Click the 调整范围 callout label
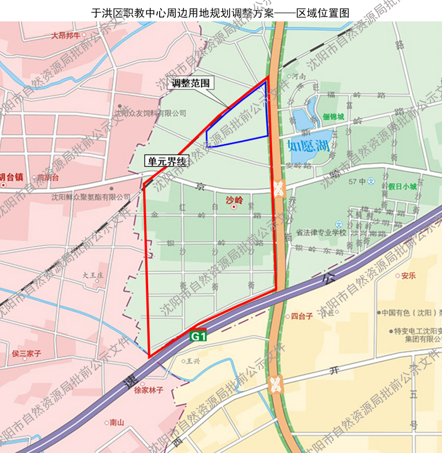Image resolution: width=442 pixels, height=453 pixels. point(191,84)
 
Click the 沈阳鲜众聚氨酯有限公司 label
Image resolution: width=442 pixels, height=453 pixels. point(91,196)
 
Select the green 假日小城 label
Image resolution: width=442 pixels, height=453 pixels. point(402,186)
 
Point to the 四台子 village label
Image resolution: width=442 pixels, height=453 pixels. point(302,316)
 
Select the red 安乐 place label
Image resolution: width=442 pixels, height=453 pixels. point(408,275)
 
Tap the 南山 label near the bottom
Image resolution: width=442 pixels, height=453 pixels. point(117,423)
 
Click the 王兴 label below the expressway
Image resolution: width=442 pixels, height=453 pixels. point(192,362)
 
